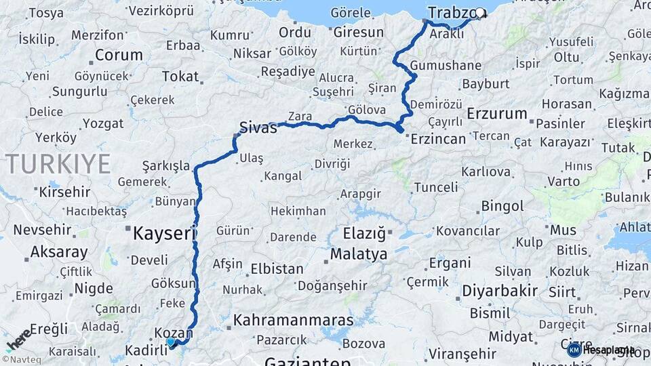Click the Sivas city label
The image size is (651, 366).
pyautogui.click(x=258, y=127)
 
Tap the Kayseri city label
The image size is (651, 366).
pyautogui.click(x=164, y=234)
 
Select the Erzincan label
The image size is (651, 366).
pyautogui.click(x=438, y=139)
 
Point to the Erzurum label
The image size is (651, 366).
pyautogui.click(x=497, y=113)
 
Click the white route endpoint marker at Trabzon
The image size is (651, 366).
pyautogui.click(x=481, y=12)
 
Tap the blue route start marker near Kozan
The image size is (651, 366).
pyautogui.click(x=171, y=343)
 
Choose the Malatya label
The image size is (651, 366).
pyautogui.click(x=359, y=254)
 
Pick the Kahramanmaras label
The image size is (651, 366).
pyautogui.click(x=293, y=320)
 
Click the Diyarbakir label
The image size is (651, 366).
pyautogui.click(x=500, y=291)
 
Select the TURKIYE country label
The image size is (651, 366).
pyautogui.click(x=58, y=164)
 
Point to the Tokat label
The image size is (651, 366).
pyautogui.click(x=180, y=77)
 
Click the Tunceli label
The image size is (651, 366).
pyautogui.click(x=436, y=187)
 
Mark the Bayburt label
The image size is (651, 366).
pyautogui.click(x=485, y=84)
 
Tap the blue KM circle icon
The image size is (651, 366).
pyautogui.click(x=574, y=350)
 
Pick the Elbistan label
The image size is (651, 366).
pyautogui.click(x=277, y=268)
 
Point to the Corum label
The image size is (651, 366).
pyautogui.click(x=119, y=55)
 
